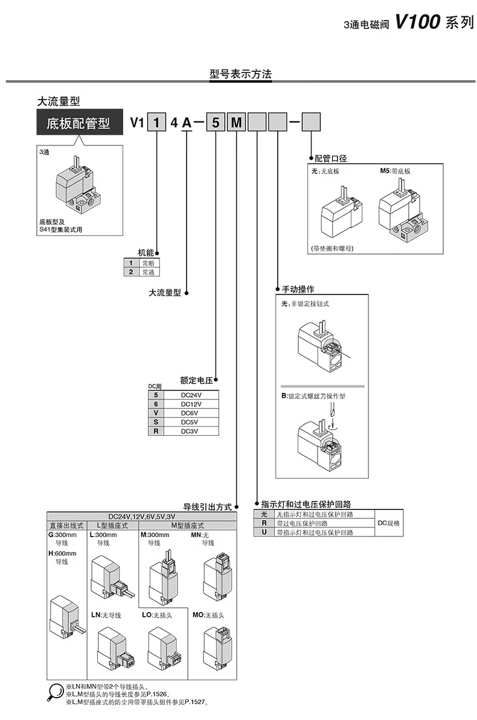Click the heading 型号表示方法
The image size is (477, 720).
[x=240, y=74]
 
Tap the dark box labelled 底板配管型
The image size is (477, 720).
[x=78, y=124]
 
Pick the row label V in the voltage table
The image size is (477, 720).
[x=156, y=413]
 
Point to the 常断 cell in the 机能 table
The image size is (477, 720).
[x=147, y=263]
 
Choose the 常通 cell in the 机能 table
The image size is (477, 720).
[x=147, y=272]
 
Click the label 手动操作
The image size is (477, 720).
[x=298, y=289]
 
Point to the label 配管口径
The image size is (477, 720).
[x=331, y=158]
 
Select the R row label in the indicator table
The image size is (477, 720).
[x=264, y=523]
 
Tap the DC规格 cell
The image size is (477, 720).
[x=389, y=523]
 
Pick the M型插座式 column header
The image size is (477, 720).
[x=188, y=526]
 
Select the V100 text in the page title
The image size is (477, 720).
[x=418, y=22]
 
